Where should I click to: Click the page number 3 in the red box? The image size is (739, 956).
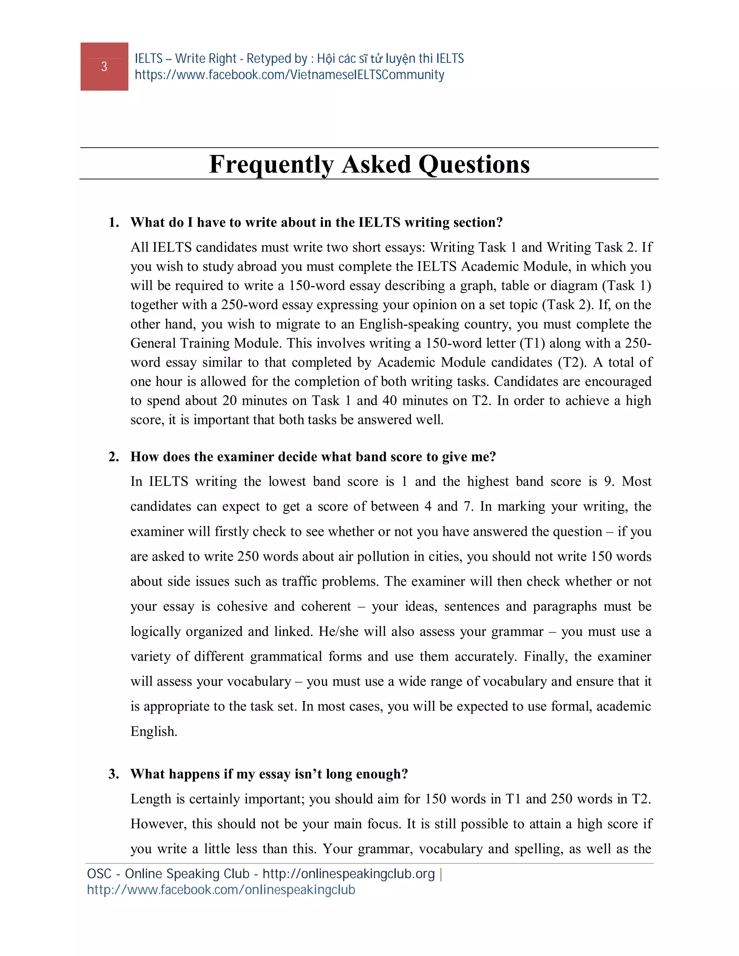pos(104,66)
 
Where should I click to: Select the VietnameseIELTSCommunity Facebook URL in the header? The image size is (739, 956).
pos(289,75)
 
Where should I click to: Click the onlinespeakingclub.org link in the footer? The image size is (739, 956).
pos(349,874)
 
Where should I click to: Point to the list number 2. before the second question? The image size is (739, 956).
pos(114,457)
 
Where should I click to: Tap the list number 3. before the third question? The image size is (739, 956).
pos(114,774)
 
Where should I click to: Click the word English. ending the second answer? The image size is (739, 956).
pos(154,732)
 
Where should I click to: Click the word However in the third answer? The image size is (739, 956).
pos(158,824)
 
